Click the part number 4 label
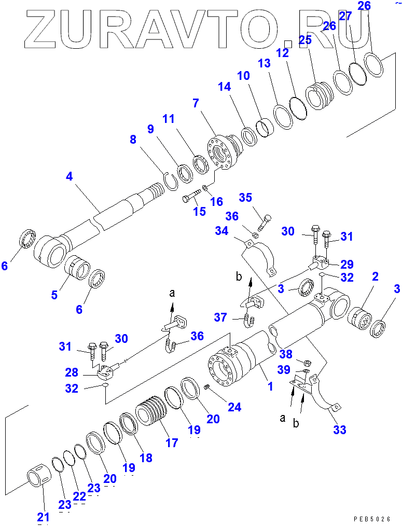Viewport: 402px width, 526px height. click(x=69, y=176)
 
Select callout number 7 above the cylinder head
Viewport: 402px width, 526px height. click(x=196, y=103)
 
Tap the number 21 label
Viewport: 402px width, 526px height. click(x=43, y=517)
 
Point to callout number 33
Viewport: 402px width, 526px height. click(x=340, y=430)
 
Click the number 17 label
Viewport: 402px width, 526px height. click(x=171, y=442)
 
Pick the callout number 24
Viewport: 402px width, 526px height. click(x=234, y=407)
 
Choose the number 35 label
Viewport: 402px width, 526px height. click(x=245, y=198)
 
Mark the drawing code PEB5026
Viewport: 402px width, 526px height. click(x=373, y=518)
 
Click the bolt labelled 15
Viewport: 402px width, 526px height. click(x=191, y=198)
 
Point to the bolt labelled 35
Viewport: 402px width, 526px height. click(x=264, y=222)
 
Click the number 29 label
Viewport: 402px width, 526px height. click(x=346, y=264)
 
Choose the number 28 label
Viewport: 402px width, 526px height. click(x=72, y=372)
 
